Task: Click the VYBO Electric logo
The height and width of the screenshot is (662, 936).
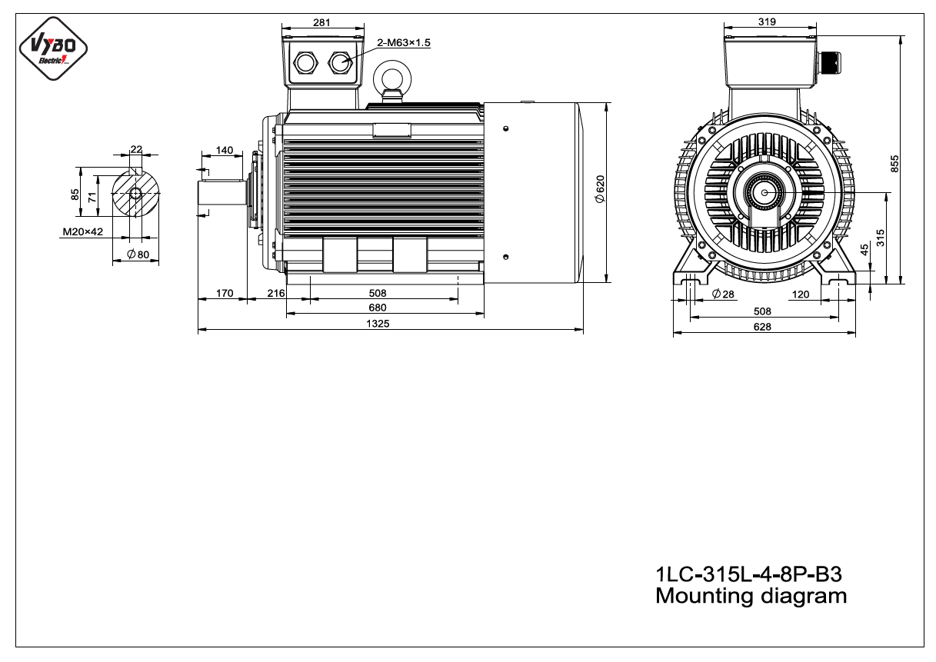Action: (x=53, y=48)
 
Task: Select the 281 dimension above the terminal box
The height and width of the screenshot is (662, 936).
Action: (x=321, y=22)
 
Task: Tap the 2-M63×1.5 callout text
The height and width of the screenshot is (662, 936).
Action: (x=403, y=42)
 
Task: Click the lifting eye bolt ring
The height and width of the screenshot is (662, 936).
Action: (x=392, y=78)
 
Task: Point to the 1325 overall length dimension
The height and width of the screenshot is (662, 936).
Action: (x=378, y=324)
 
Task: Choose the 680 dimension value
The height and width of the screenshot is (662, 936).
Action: (x=378, y=308)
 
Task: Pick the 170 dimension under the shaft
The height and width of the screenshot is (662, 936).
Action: (x=225, y=293)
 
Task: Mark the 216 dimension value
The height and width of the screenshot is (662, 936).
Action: (x=276, y=293)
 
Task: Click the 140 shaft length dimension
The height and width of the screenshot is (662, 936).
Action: (x=225, y=151)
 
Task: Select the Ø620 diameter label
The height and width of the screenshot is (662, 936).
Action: (x=600, y=189)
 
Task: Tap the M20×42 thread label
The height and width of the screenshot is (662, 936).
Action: (x=83, y=231)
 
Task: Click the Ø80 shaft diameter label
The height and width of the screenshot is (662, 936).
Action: (x=138, y=254)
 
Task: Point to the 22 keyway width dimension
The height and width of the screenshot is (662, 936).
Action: (x=136, y=149)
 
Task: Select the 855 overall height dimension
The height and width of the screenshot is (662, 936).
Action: (x=894, y=164)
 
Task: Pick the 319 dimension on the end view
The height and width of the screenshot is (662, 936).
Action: (x=768, y=22)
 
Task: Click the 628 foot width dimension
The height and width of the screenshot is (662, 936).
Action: (x=762, y=327)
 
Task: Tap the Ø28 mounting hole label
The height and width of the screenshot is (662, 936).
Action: (x=723, y=294)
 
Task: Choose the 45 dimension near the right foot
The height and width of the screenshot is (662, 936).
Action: (x=864, y=250)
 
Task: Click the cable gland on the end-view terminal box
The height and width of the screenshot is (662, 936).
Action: (x=829, y=62)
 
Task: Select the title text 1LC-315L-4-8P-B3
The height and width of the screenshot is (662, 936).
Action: (x=748, y=574)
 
